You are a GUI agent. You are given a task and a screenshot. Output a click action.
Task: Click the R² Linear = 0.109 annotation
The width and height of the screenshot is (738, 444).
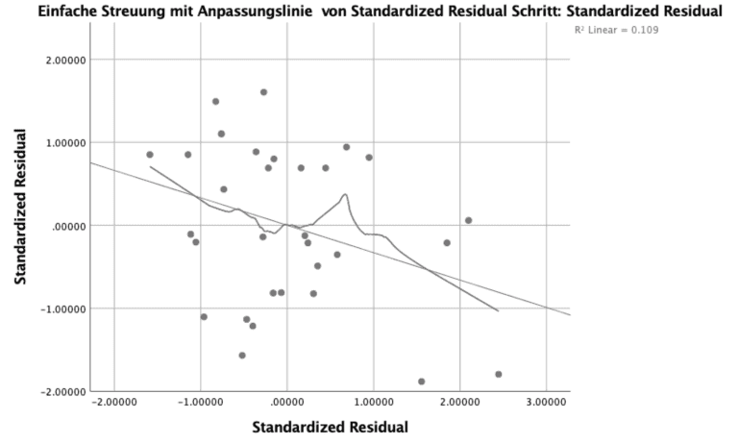coord(615,30)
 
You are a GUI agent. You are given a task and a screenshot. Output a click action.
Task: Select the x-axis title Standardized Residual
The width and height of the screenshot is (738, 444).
coord(330,427)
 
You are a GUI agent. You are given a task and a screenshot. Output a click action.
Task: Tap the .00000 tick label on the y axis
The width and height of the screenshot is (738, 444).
coord(67,226)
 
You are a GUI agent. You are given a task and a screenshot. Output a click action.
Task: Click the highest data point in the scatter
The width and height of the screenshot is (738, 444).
coord(263,92)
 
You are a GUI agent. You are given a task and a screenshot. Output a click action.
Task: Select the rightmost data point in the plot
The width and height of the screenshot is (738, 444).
coord(498,374)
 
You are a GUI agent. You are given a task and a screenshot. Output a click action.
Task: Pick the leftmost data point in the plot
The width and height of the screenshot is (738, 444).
coord(150,155)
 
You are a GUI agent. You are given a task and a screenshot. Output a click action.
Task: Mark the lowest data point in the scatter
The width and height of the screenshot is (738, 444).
coord(422,382)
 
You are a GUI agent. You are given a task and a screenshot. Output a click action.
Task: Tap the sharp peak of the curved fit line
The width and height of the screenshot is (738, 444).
coord(344,195)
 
